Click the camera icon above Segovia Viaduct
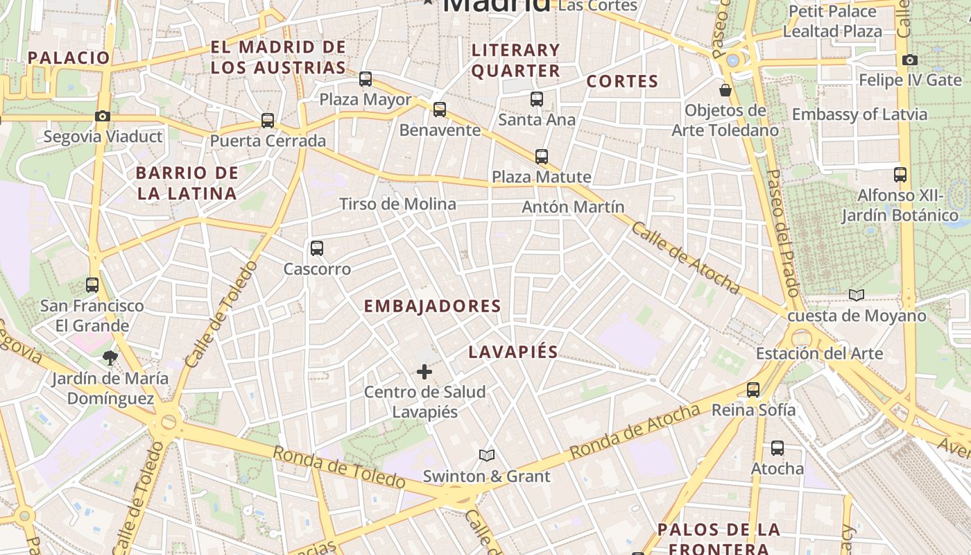[x=103, y=116]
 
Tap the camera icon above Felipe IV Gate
[x=910, y=60]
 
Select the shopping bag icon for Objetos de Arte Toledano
[x=725, y=90]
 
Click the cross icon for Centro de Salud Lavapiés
[x=424, y=372]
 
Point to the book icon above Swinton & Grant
[x=487, y=455]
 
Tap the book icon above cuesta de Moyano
[x=857, y=296]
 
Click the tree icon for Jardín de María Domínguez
[x=110, y=358]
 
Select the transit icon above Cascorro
[x=317, y=248]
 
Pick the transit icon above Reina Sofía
[x=753, y=390]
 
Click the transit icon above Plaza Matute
[x=542, y=157]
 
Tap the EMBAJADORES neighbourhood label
[x=432, y=306]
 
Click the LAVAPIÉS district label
[x=513, y=352]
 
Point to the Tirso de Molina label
[x=397, y=204]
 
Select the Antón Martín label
[x=573, y=207]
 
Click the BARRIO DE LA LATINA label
[x=187, y=183]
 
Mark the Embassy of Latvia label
[x=859, y=114]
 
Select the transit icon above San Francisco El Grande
[x=92, y=284]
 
